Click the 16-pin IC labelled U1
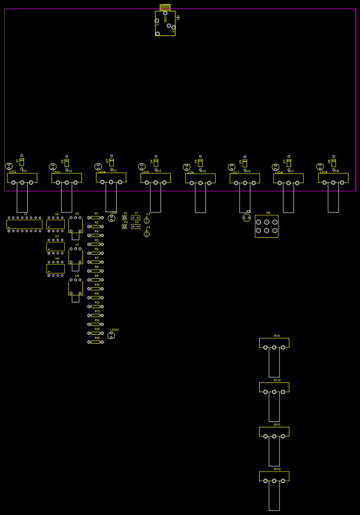point(25,224)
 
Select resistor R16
point(96,342)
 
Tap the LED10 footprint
point(111,335)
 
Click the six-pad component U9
point(267,226)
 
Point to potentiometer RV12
point(274,477)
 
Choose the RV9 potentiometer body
point(274,343)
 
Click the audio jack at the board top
point(165,23)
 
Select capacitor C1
point(136,218)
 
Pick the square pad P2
point(124,226)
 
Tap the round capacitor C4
point(147,234)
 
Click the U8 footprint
point(75,287)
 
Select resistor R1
point(96,218)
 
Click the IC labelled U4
point(56,269)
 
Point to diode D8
point(334,163)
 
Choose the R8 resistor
point(96,271)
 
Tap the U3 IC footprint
point(56,246)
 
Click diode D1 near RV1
point(22,162)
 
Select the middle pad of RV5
point(200,183)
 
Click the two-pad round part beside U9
point(247,218)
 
